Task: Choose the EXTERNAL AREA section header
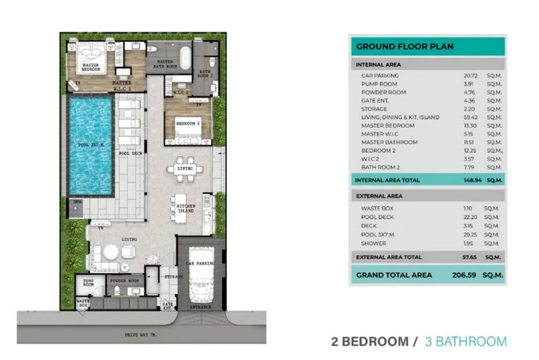click(379, 196)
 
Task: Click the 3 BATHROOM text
click(466, 341)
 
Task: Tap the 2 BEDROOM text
click(370, 341)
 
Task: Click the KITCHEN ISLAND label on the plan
click(185, 208)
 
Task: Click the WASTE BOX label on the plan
click(83, 303)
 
